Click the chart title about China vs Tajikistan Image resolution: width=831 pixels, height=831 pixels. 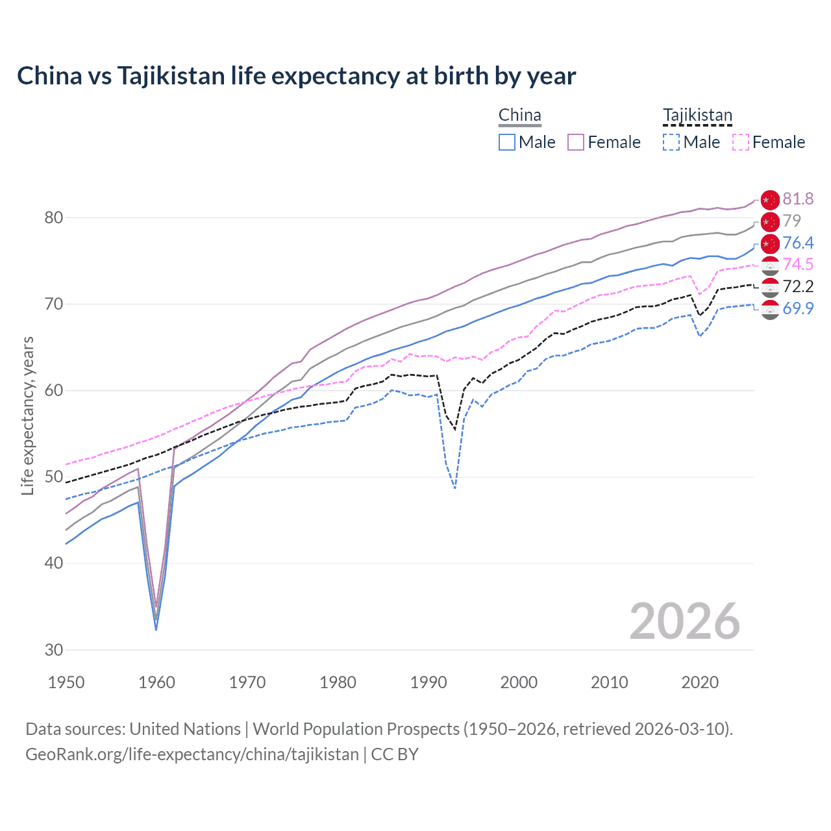point(296,76)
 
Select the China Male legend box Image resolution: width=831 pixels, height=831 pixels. point(507,142)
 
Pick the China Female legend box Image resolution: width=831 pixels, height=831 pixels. point(576,142)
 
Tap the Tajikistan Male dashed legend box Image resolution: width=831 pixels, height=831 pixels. point(671,142)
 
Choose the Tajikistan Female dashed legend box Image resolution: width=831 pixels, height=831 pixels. point(740,142)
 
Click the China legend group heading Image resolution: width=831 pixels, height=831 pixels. point(519,116)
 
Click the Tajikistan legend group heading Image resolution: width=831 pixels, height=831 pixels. point(697,116)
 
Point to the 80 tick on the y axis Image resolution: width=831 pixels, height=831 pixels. point(53,217)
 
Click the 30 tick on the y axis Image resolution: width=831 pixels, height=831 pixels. point(53,650)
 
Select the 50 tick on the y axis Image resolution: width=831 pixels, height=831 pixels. point(53,477)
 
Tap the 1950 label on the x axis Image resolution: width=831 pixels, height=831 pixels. point(66,682)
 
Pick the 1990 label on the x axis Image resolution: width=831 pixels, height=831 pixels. point(428,682)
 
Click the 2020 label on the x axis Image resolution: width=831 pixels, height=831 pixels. point(700,682)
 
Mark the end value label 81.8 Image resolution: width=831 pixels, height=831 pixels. point(798,199)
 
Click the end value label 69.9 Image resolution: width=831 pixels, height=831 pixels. point(798,308)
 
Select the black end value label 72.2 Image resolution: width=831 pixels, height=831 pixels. point(798,286)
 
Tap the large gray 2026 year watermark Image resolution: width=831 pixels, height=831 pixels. point(685,621)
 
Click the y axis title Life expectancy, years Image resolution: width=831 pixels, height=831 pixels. point(27,415)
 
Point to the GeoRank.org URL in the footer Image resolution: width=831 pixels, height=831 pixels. point(192,754)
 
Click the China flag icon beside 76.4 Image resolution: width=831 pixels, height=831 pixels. point(769,243)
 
